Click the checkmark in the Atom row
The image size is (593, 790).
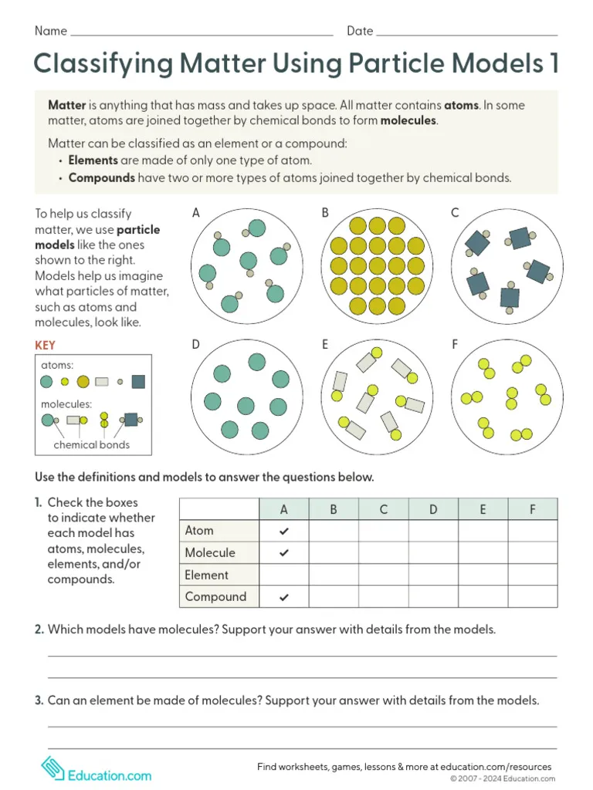(x=283, y=532)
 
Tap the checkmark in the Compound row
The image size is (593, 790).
(x=283, y=597)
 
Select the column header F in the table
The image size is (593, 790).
(x=532, y=509)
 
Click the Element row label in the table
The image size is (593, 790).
(x=206, y=575)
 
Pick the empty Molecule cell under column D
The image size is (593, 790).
(x=433, y=553)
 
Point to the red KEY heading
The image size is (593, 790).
(x=45, y=346)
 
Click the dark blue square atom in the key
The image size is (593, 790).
(x=138, y=381)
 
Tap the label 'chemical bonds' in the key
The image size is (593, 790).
(x=91, y=444)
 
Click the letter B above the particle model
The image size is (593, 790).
(x=325, y=213)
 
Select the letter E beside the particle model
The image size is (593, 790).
(x=325, y=345)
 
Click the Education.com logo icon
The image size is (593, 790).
(x=53, y=768)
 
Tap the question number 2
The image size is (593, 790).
(x=39, y=630)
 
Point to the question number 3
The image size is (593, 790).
(x=39, y=701)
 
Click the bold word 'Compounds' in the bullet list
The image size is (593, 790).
(x=101, y=177)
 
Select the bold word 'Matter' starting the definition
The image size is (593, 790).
(x=66, y=105)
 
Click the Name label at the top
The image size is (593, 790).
(x=51, y=31)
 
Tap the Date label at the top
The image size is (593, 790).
(x=360, y=31)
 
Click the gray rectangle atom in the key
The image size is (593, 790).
(x=102, y=381)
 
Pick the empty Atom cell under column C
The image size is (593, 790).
(x=384, y=532)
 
